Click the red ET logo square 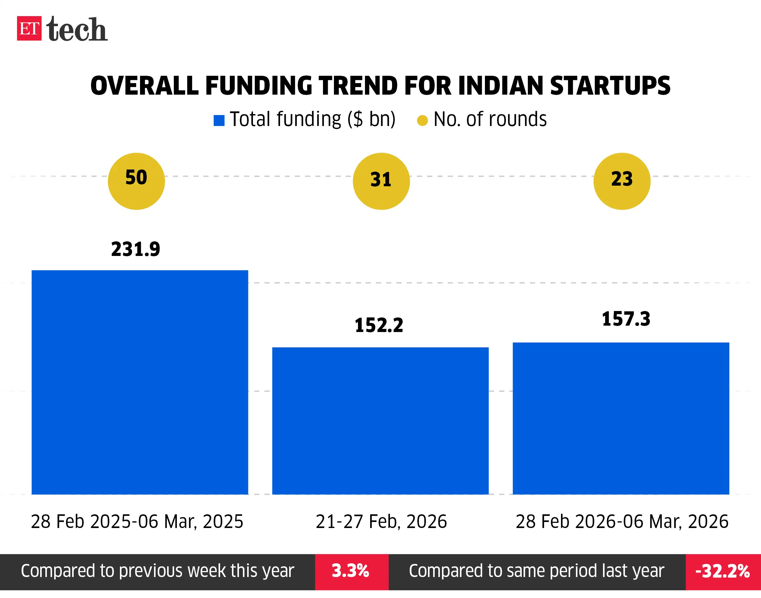click(x=29, y=28)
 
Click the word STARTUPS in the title click(x=610, y=86)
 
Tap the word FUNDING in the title click(x=258, y=86)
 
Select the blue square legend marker click(x=219, y=121)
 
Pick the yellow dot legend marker click(x=422, y=121)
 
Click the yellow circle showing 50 click(x=136, y=181)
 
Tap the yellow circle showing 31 click(x=381, y=181)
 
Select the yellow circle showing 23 click(x=622, y=181)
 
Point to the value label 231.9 click(x=135, y=249)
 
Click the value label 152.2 click(x=379, y=325)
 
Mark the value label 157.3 click(x=626, y=319)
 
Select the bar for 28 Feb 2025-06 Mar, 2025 click(x=140, y=382)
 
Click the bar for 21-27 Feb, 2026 click(x=380, y=421)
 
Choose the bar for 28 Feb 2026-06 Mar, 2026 click(x=621, y=418)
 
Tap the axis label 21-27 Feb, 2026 click(x=381, y=521)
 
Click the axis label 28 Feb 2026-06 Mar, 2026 click(x=622, y=521)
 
